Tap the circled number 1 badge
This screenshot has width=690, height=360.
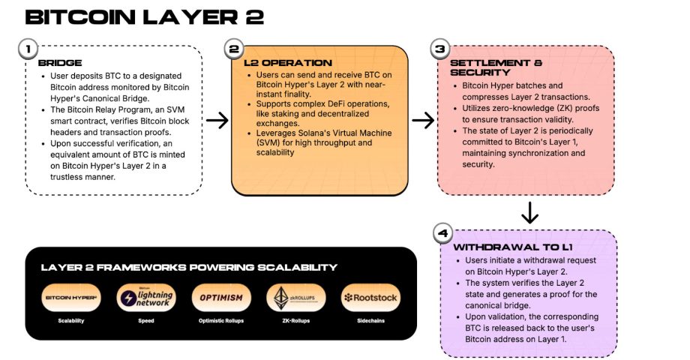[28, 49]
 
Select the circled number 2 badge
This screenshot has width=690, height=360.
[234, 49]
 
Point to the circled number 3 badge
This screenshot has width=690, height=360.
[439, 49]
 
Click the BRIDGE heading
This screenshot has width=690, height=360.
[61, 64]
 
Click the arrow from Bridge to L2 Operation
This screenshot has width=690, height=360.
[217, 120]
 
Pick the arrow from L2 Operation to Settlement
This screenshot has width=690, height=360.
[423, 120]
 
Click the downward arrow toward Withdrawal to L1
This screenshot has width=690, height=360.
[529, 213]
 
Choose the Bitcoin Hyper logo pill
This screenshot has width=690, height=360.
[71, 298]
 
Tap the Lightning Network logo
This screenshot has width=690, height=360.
[146, 298]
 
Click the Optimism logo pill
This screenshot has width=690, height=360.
[221, 298]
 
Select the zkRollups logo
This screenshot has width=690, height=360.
[295, 298]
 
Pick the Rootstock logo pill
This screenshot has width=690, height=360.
[370, 298]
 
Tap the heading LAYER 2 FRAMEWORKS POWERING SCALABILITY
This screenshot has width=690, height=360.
[189, 267]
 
